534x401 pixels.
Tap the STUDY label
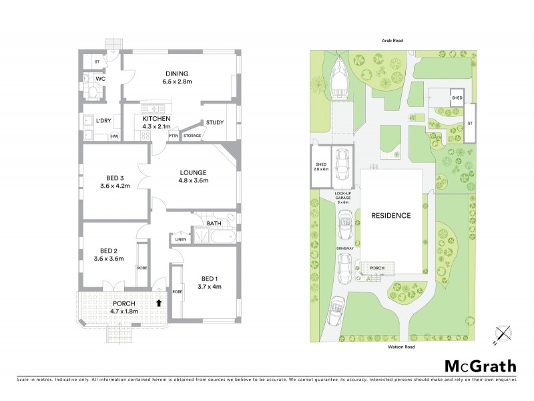point(215,122)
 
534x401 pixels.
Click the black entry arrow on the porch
point(158,303)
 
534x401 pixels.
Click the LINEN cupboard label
point(180,239)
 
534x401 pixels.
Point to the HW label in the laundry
point(114,137)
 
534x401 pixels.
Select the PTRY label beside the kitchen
point(173,136)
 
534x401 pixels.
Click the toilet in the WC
point(91,89)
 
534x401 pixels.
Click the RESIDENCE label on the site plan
point(391,216)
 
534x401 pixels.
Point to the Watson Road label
point(391,347)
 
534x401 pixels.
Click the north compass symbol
point(503,333)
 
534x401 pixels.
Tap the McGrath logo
point(481,366)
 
